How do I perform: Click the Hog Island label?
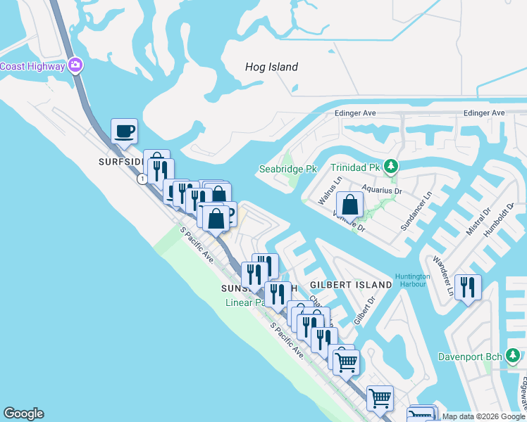271,68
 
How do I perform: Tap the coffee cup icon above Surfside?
124,131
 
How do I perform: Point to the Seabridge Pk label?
289,169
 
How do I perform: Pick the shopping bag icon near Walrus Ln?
349,205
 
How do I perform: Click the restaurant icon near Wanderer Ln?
468,287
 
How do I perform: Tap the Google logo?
23,414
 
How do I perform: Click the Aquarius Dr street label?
381,190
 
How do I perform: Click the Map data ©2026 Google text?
483,416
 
